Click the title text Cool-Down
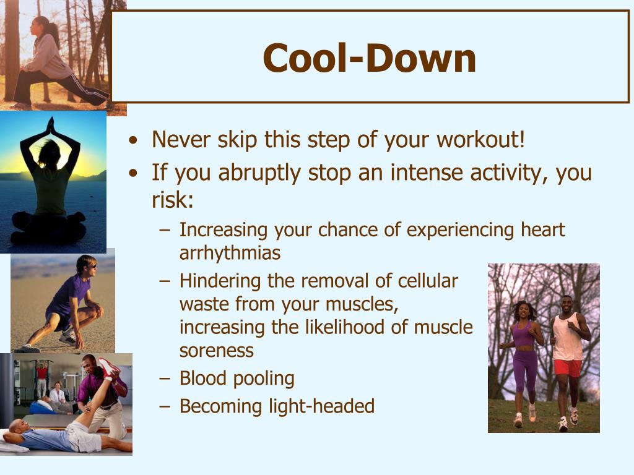(370, 58)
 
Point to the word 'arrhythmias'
(230, 253)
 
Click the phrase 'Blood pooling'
(237, 378)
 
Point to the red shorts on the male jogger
(568, 367)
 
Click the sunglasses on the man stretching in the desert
(90, 265)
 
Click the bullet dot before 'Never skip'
(133, 141)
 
